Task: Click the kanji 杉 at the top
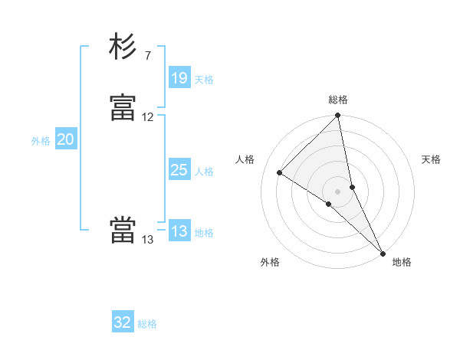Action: coord(123,47)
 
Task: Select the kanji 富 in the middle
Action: coord(123,108)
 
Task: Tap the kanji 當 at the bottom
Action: coord(123,231)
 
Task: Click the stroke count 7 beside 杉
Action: coord(147,56)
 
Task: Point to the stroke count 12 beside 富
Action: coord(148,117)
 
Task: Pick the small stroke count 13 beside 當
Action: coord(148,240)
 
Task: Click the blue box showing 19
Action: coord(179,78)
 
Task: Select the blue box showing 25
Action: coord(179,170)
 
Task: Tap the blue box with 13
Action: coord(179,231)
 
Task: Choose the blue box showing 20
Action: coord(66,139)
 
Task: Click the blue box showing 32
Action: coord(123,322)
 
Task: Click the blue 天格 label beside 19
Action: coord(204,80)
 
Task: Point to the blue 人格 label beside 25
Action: coord(204,172)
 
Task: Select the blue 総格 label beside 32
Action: coord(147,324)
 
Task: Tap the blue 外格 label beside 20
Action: coord(41,141)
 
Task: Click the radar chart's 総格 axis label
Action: coord(338,100)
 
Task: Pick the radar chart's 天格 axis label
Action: coord(431,159)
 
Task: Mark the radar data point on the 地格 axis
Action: coord(383,253)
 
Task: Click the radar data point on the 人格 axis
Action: coord(280,172)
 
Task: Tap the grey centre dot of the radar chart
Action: coord(338,191)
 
